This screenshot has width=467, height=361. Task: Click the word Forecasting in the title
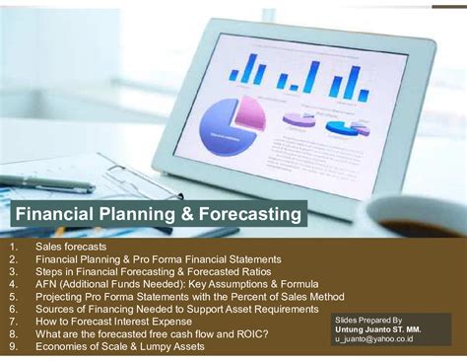point(241,214)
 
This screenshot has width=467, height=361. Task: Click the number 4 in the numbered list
point(11,283)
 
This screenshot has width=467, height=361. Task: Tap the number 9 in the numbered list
point(11,347)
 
